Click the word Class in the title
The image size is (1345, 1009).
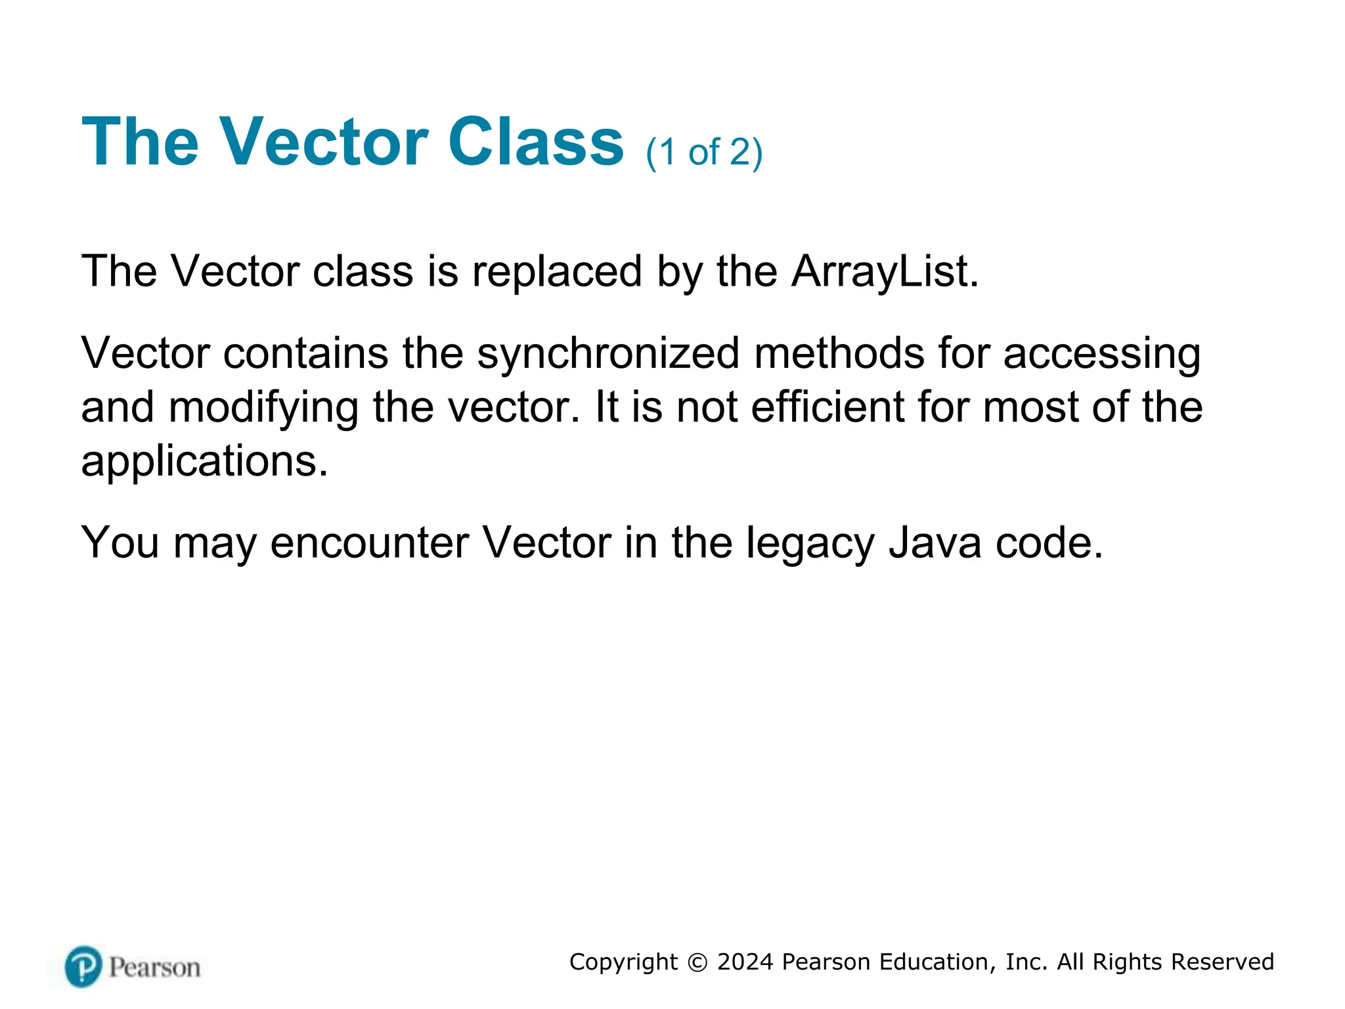(x=535, y=142)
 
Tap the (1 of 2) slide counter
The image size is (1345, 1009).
(x=704, y=152)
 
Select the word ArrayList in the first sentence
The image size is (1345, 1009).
(x=884, y=271)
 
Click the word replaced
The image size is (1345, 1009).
(x=557, y=271)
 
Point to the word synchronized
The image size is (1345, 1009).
(x=608, y=353)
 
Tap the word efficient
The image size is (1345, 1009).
(x=827, y=407)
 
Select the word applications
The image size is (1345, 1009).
(x=204, y=462)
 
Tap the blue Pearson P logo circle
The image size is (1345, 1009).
(x=83, y=966)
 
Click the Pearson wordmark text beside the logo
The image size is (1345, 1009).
(x=154, y=968)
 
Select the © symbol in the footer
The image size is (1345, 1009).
(x=697, y=962)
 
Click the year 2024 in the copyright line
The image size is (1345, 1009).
(x=745, y=962)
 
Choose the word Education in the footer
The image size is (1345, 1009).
(x=933, y=962)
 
